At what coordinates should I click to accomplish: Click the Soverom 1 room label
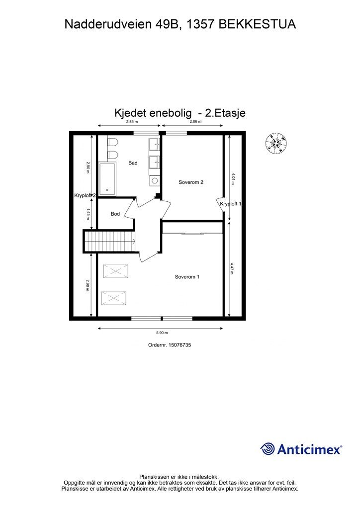pos(187,277)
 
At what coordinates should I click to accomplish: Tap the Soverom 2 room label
pos(191,182)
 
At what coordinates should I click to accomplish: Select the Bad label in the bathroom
pos(133,163)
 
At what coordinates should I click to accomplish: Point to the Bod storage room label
pos(115,214)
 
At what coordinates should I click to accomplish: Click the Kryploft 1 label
pos(231,204)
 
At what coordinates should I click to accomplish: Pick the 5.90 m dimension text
pos(162,333)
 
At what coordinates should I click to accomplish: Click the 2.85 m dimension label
pos(132,122)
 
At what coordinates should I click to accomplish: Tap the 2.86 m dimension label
pos(195,122)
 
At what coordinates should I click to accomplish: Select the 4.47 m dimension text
pos(232,268)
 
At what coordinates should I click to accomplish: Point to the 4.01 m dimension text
pos(233,178)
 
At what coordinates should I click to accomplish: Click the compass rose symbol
pos(276,143)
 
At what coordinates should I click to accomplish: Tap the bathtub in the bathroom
pos(107,179)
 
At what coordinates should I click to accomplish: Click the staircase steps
pos(110,241)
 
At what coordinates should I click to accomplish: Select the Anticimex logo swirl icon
pos(268,449)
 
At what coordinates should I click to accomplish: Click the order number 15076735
pos(179,345)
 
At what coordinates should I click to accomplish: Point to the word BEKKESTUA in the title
pos(257,24)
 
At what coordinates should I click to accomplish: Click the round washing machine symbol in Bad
pos(155,181)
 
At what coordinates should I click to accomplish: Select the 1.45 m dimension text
pos(88,214)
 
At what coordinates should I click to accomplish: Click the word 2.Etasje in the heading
pos(226,113)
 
